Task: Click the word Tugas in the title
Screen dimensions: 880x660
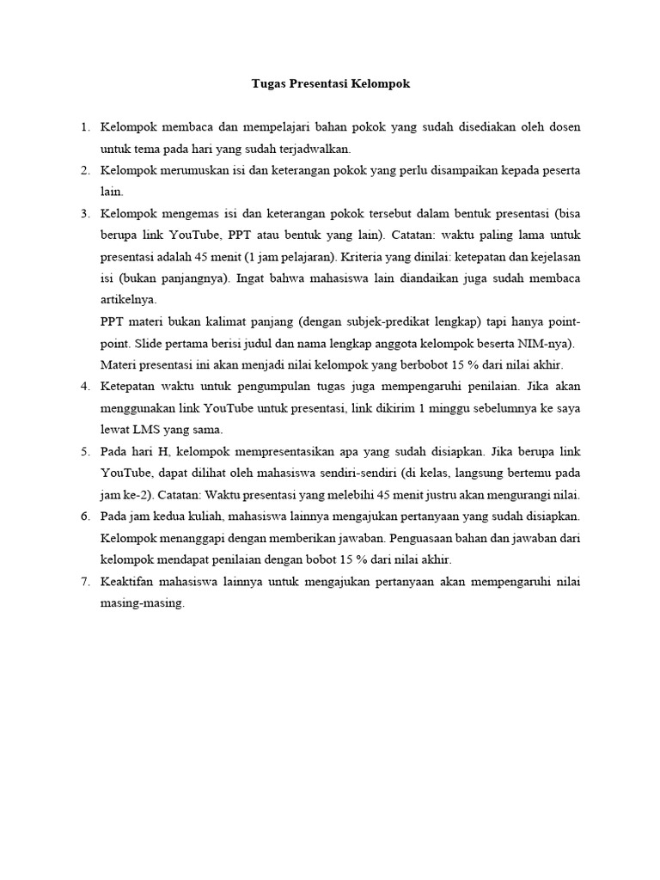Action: pyautogui.click(x=267, y=84)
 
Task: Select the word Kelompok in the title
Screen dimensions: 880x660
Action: pyautogui.click(x=382, y=84)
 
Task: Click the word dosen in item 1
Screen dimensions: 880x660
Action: pyautogui.click(x=564, y=127)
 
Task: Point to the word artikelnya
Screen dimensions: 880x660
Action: pyautogui.click(x=128, y=301)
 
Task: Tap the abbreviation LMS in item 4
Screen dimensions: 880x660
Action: pyautogui.click(x=145, y=430)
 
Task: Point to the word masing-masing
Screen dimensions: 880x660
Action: pyautogui.click(x=142, y=603)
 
